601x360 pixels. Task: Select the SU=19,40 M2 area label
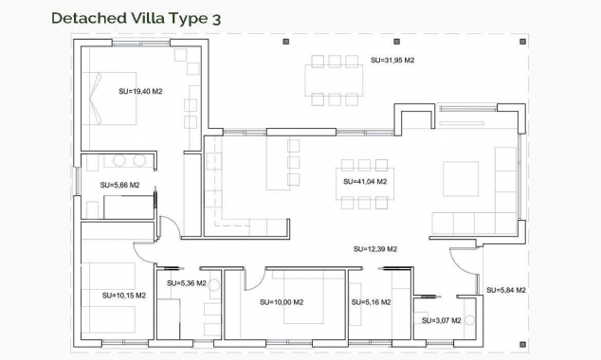tap(140, 92)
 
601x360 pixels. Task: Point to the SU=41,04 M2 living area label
tap(365, 180)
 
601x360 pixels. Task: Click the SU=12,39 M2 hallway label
tap(374, 249)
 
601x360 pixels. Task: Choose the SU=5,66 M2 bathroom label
tap(119, 185)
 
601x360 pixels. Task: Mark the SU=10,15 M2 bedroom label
tap(124, 295)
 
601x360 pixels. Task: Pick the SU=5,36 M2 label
tap(186, 283)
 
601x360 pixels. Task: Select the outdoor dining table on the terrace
tap(332, 79)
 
